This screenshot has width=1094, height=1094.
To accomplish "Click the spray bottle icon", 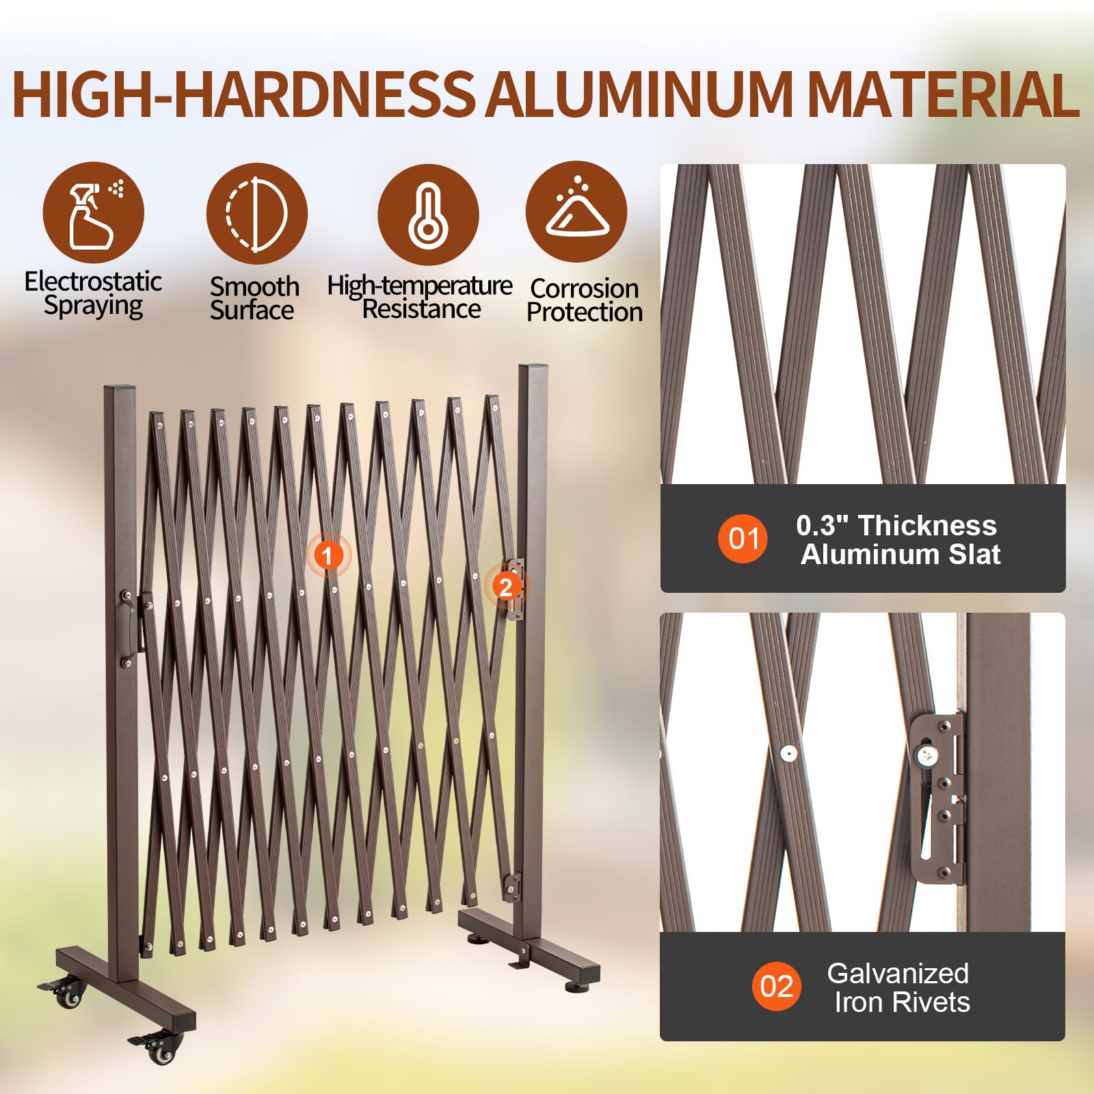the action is coord(94,212).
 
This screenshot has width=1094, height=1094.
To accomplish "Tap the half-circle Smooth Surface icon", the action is coord(257,214).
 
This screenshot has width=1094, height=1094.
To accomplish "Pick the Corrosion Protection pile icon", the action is coord(576,211).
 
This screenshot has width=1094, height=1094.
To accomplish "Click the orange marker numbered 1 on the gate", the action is coord(328,555).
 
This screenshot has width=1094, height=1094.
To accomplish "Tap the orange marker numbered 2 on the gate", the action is coord(506,587).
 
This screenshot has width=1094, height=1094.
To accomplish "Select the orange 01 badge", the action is coord(743,539).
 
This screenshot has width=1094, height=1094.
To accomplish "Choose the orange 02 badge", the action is coord(777,986).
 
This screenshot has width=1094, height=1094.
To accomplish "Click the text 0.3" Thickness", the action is coord(896,525).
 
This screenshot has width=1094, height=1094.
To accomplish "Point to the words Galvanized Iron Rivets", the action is coord(899,987).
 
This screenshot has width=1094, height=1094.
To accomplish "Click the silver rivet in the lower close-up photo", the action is coord(788,753).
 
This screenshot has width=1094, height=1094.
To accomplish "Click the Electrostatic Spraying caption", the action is coord(93,293).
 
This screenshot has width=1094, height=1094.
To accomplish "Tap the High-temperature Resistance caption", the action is coord(420,297).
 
